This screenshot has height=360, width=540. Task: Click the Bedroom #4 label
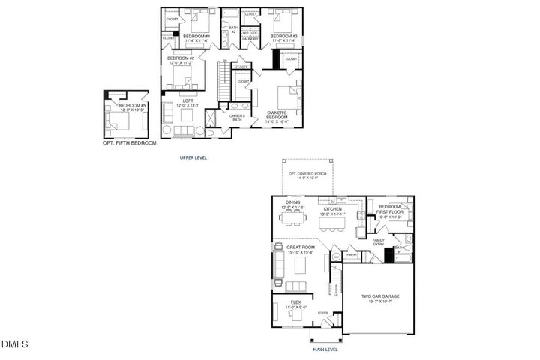[x=196, y=36]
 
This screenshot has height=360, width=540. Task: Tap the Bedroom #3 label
[x=283, y=36]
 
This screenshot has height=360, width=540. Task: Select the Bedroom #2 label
[x=181, y=58]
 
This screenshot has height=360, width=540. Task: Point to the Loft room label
[x=178, y=103]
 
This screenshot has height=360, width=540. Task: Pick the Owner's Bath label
[x=237, y=117]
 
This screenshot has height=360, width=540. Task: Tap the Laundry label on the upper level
[x=250, y=38]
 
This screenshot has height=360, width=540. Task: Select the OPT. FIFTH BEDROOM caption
[x=130, y=142]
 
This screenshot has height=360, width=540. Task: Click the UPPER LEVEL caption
[x=193, y=158]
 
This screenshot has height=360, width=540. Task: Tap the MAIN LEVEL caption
[x=325, y=349]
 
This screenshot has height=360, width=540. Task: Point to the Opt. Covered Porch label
[x=309, y=176]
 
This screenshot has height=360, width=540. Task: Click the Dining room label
[x=292, y=204]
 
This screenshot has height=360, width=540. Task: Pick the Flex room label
[x=292, y=304]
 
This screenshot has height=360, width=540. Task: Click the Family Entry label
[x=379, y=241]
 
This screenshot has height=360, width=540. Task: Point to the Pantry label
[x=351, y=255]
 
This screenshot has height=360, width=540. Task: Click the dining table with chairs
[x=292, y=219]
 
